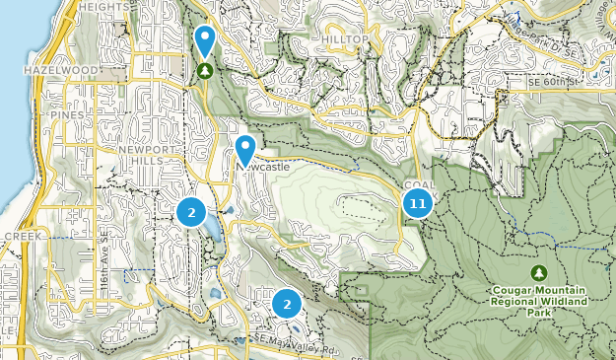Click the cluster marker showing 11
(x=417, y=204)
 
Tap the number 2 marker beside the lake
(x=191, y=211)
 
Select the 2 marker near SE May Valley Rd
(x=287, y=304)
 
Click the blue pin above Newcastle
(x=244, y=151)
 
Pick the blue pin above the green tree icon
(x=204, y=40)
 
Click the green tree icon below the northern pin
(x=204, y=71)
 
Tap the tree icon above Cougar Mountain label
(x=537, y=272)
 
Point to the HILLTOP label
(x=344, y=38)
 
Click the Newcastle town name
(x=262, y=168)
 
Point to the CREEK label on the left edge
(x=19, y=237)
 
